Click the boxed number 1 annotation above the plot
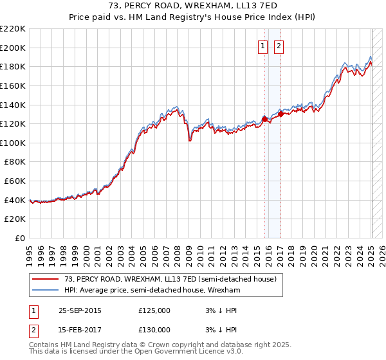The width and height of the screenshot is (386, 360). [264, 46]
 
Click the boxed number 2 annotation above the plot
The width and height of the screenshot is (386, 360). [279, 46]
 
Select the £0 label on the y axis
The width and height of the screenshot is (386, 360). [19, 239]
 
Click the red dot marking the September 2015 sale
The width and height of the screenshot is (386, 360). [264, 119]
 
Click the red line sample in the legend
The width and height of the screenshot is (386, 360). [44, 279]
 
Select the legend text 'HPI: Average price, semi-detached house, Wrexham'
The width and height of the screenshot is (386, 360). [151, 290]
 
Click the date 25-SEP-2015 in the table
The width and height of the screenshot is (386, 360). [80, 310]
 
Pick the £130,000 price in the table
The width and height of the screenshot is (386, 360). [154, 330]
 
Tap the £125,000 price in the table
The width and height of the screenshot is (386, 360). [154, 310]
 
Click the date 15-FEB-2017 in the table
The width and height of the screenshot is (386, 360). [80, 330]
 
